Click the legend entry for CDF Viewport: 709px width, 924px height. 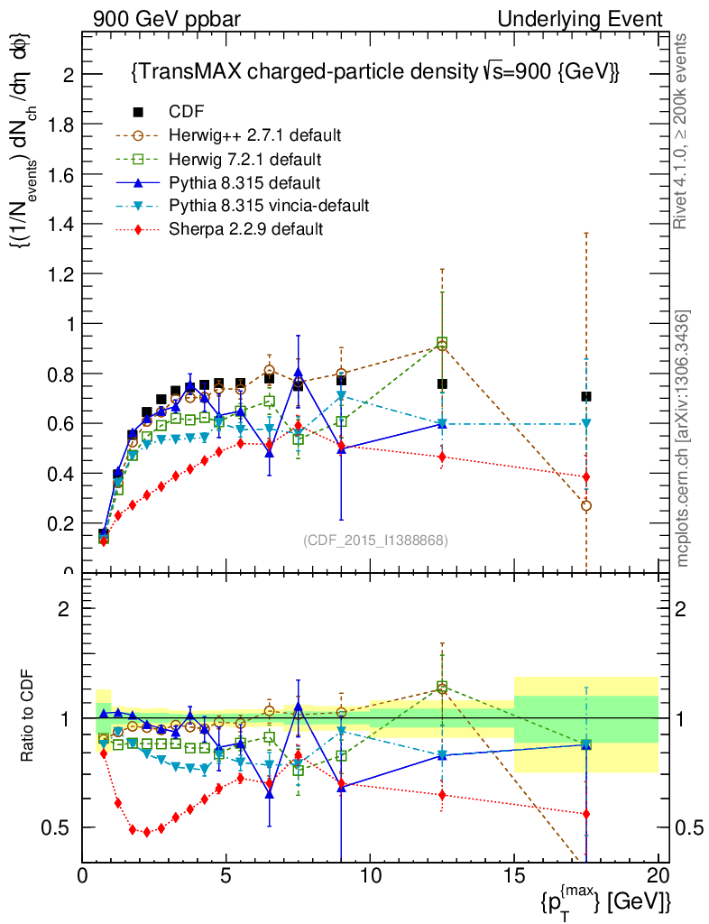(x=187, y=112)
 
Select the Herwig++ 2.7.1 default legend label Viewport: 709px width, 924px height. (x=254, y=135)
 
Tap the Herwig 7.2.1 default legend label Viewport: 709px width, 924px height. (x=244, y=159)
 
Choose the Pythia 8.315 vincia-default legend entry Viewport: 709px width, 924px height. (x=269, y=206)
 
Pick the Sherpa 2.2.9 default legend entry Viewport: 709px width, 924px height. (x=245, y=229)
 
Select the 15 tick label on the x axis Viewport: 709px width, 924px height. (x=514, y=876)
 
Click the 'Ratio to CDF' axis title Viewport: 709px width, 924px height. (x=29, y=717)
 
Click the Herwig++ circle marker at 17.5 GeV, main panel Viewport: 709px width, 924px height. (x=586, y=506)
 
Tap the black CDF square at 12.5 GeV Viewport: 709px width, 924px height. (x=442, y=383)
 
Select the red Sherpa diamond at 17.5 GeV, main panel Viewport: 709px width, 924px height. (x=586, y=476)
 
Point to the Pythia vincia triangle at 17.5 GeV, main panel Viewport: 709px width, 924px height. (x=586, y=423)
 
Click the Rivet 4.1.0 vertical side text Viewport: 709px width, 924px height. (x=683, y=131)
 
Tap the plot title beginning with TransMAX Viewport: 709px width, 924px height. (x=374, y=72)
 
